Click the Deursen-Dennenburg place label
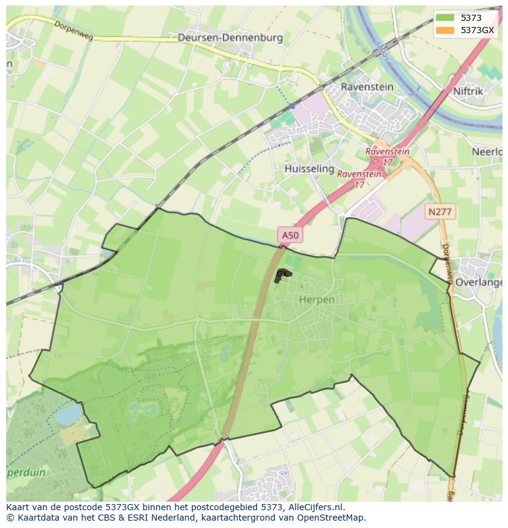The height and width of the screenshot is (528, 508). [x=230, y=37]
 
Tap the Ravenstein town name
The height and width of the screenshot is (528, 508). [x=367, y=86]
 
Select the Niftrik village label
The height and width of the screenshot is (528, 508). [x=468, y=91]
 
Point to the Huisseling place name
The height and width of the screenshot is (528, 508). [x=309, y=168]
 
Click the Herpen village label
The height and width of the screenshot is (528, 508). [x=317, y=299]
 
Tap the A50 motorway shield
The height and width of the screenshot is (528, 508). [x=290, y=234]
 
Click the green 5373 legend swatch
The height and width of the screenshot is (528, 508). [x=445, y=18]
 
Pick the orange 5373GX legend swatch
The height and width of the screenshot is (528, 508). [x=445, y=30]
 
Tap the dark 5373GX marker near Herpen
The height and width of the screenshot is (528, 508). [x=282, y=275]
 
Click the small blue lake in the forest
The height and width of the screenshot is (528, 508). [x=68, y=415]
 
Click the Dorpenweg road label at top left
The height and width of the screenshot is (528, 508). [x=74, y=28]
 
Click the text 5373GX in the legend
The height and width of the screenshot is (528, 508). [x=477, y=30]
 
